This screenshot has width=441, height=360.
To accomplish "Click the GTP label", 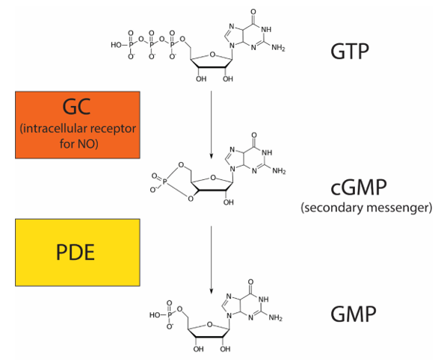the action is click(x=350, y=52).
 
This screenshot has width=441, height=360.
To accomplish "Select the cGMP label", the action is click(x=359, y=187).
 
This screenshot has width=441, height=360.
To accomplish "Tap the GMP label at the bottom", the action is click(x=353, y=314).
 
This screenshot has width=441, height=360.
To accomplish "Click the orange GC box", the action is click(x=78, y=125).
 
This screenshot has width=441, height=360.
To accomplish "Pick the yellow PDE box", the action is click(x=78, y=252).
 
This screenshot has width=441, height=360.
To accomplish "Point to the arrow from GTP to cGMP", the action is click(x=212, y=125).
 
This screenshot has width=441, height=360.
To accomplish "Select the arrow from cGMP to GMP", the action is click(x=212, y=260).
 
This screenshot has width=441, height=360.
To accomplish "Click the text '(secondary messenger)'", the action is click(x=366, y=208).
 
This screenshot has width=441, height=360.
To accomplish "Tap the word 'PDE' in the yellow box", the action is click(x=75, y=252).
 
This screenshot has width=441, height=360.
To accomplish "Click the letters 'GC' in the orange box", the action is click(x=76, y=107).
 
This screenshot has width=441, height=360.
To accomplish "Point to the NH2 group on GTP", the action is click(x=278, y=48).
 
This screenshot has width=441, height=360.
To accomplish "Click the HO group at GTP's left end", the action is click(x=116, y=45).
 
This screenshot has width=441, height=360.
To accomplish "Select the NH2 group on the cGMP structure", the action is click(x=279, y=171).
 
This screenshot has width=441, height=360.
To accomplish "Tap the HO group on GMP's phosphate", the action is click(x=155, y=315).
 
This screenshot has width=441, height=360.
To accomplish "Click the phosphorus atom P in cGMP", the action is click(x=165, y=183).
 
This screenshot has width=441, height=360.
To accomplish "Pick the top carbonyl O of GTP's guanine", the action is click(x=253, y=12).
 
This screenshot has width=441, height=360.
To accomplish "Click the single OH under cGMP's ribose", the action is click(x=229, y=202).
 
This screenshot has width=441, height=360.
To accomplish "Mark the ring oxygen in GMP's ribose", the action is click(x=209, y=325).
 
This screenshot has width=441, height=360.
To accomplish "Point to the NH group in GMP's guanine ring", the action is click(x=263, y=300).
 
